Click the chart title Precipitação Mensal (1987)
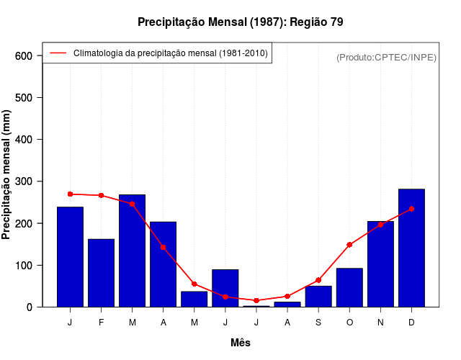click(240, 22)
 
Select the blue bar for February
click(101, 273)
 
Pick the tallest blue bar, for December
click(411, 248)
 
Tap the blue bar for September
click(318, 297)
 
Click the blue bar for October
click(349, 287)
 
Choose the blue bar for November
click(380, 264)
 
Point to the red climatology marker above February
click(101, 195)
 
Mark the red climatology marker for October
click(349, 245)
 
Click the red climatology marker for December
click(411, 209)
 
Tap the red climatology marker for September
click(318, 280)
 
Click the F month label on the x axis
click(101, 323)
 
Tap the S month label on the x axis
click(318, 323)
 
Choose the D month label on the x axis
click(411, 323)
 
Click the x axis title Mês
click(241, 343)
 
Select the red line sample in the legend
click(58, 53)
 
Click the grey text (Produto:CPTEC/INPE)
click(386, 57)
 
